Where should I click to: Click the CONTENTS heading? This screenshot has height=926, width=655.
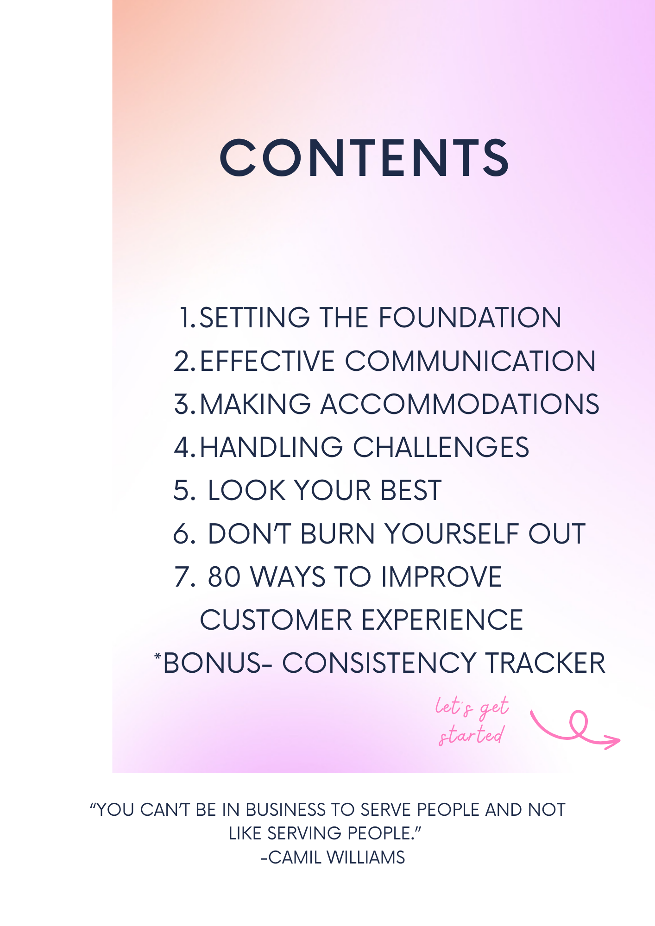point(365,158)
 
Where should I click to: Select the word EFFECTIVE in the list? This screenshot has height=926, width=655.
point(267,361)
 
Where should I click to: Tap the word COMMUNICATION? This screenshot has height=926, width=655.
point(471,361)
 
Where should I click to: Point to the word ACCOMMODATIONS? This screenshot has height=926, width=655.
point(460,404)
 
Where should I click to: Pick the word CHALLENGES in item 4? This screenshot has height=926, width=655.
point(441,447)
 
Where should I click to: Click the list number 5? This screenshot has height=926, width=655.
point(184,490)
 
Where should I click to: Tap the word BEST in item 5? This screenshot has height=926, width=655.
point(411,490)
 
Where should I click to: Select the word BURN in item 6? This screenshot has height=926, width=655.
point(338,533)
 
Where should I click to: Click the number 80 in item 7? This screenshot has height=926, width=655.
point(224,577)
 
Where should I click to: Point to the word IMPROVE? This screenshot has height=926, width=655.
point(441,577)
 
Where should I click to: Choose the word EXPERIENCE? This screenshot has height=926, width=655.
point(442,620)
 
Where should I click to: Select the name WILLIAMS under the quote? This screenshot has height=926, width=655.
point(366,857)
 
